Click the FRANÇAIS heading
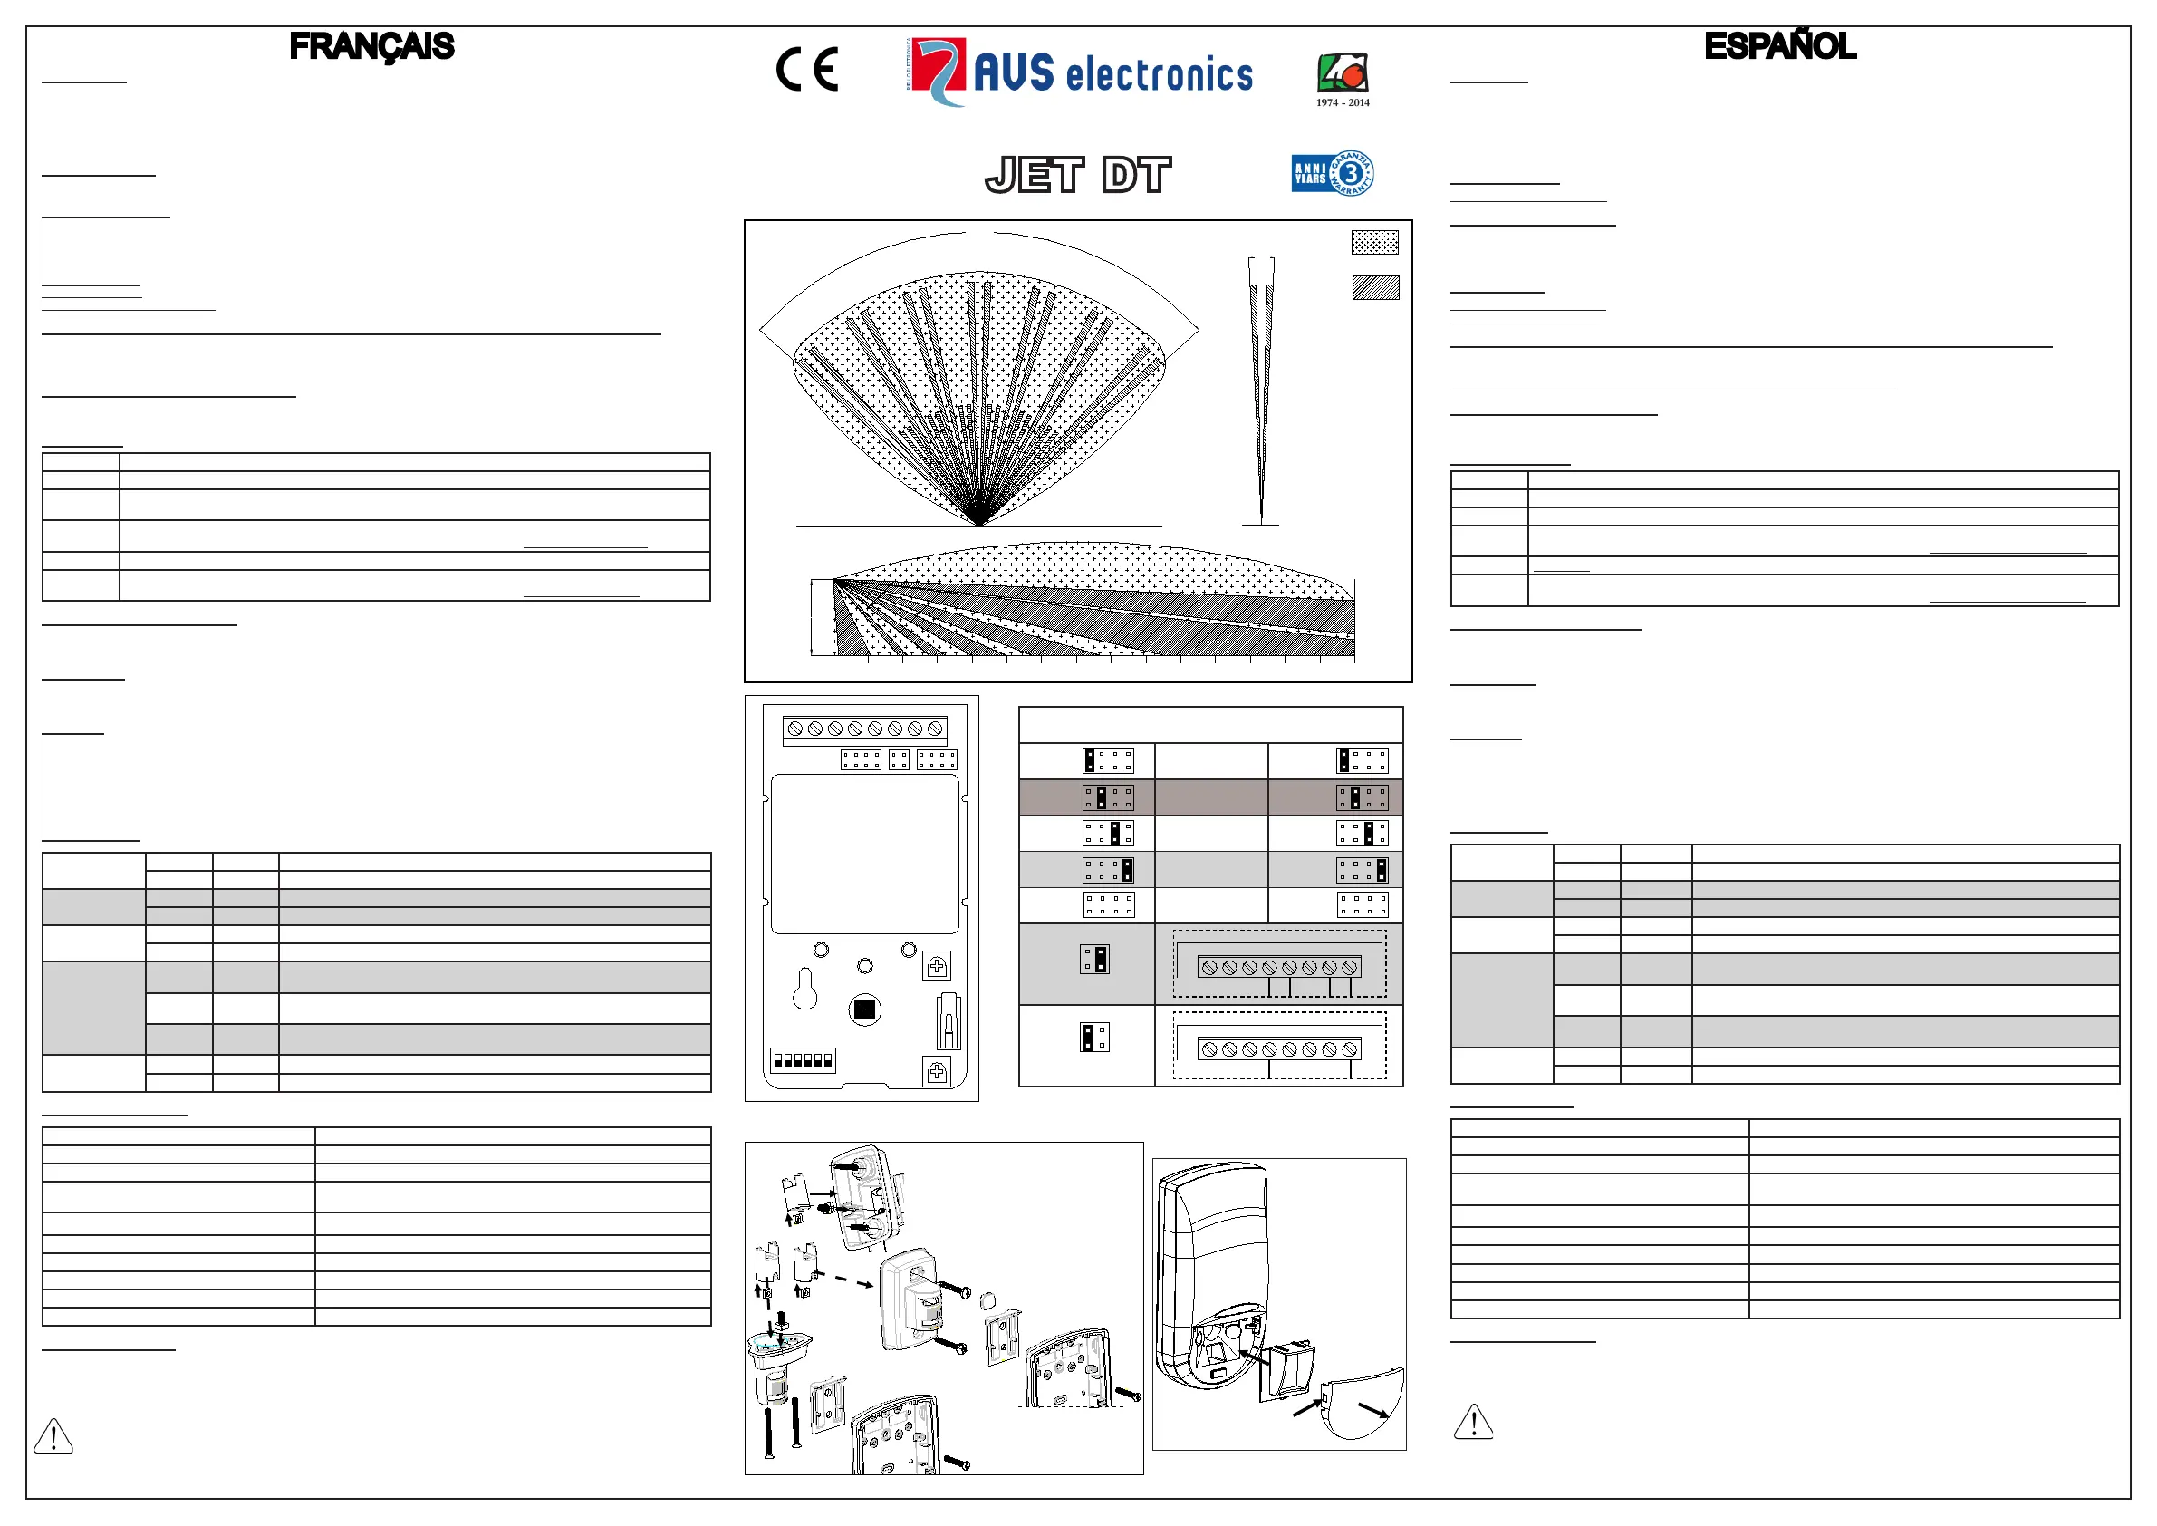371,46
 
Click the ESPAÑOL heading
1779,46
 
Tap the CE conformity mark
807,70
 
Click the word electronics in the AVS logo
1160,75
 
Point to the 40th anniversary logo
1343,72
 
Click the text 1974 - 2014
1343,102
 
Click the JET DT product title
1077,175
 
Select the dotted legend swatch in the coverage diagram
1374,243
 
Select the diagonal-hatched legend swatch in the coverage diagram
1375,287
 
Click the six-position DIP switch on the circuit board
803,1060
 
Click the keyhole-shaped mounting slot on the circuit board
804,990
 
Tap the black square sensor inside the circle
864,1010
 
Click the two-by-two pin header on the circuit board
899,759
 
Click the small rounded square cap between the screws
987,1301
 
